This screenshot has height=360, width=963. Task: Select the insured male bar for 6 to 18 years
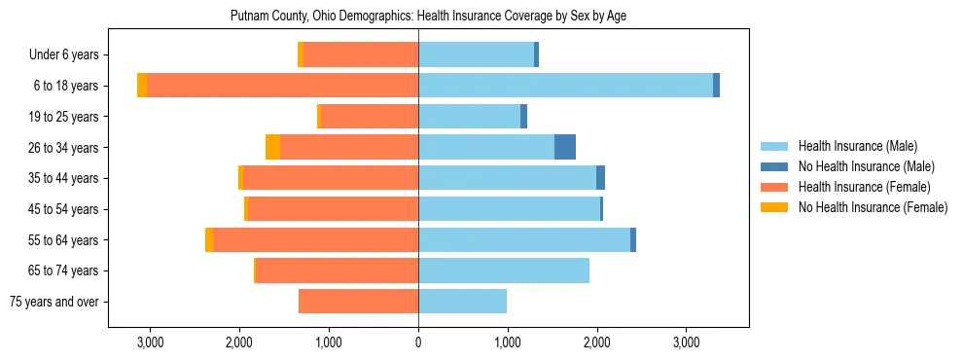[x=565, y=86]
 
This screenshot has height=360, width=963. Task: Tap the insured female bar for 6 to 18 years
[x=282, y=86]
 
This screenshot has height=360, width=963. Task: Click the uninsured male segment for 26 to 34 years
[x=565, y=147]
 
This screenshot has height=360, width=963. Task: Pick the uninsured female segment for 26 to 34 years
[x=272, y=147]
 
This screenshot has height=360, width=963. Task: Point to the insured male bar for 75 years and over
[x=462, y=302]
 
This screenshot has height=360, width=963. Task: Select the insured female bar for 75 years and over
[x=358, y=302]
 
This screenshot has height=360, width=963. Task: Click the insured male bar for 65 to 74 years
[x=504, y=270]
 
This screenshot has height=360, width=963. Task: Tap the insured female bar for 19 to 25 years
[x=369, y=117]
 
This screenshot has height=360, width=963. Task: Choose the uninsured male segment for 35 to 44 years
[x=600, y=178]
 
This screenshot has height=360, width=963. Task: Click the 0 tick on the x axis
[x=418, y=342]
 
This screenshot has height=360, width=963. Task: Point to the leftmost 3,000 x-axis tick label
[x=150, y=342]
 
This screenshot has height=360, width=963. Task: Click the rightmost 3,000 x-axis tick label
[x=686, y=342]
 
